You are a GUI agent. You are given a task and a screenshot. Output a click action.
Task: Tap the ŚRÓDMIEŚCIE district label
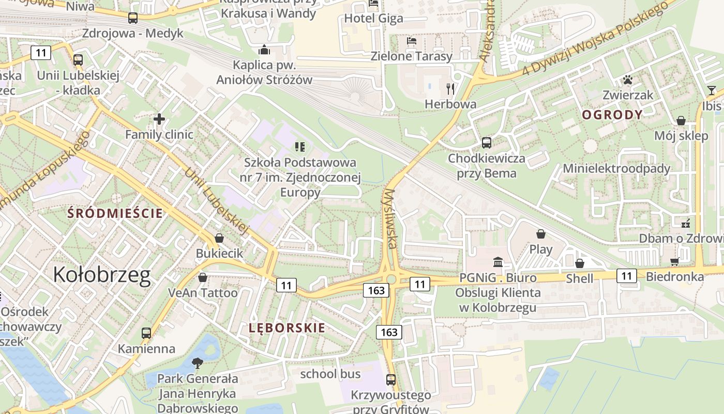click(x=115, y=213)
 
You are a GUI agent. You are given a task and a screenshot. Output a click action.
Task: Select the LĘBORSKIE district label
click(x=287, y=328)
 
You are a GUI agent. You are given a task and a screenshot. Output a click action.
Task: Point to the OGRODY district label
click(x=612, y=115)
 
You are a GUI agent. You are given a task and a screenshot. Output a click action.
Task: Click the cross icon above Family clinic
click(x=159, y=120)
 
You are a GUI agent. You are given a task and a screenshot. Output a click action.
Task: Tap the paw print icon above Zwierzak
click(x=628, y=80)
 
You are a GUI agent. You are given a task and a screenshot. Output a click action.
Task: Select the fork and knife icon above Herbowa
click(x=450, y=89)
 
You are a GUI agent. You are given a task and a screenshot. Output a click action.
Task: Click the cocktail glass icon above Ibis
click(x=712, y=91)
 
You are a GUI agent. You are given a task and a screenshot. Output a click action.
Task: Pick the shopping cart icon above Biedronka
click(x=674, y=261)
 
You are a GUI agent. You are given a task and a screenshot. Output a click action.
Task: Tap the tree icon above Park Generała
click(x=197, y=363)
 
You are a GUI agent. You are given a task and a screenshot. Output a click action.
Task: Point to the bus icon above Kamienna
click(x=146, y=333)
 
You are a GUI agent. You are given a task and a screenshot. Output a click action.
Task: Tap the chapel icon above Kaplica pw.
click(x=264, y=50)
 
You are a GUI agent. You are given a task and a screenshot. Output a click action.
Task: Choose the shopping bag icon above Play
click(x=541, y=234)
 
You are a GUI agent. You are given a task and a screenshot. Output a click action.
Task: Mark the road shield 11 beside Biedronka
click(x=626, y=276)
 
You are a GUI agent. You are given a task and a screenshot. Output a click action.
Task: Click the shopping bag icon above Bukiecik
click(x=219, y=238)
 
